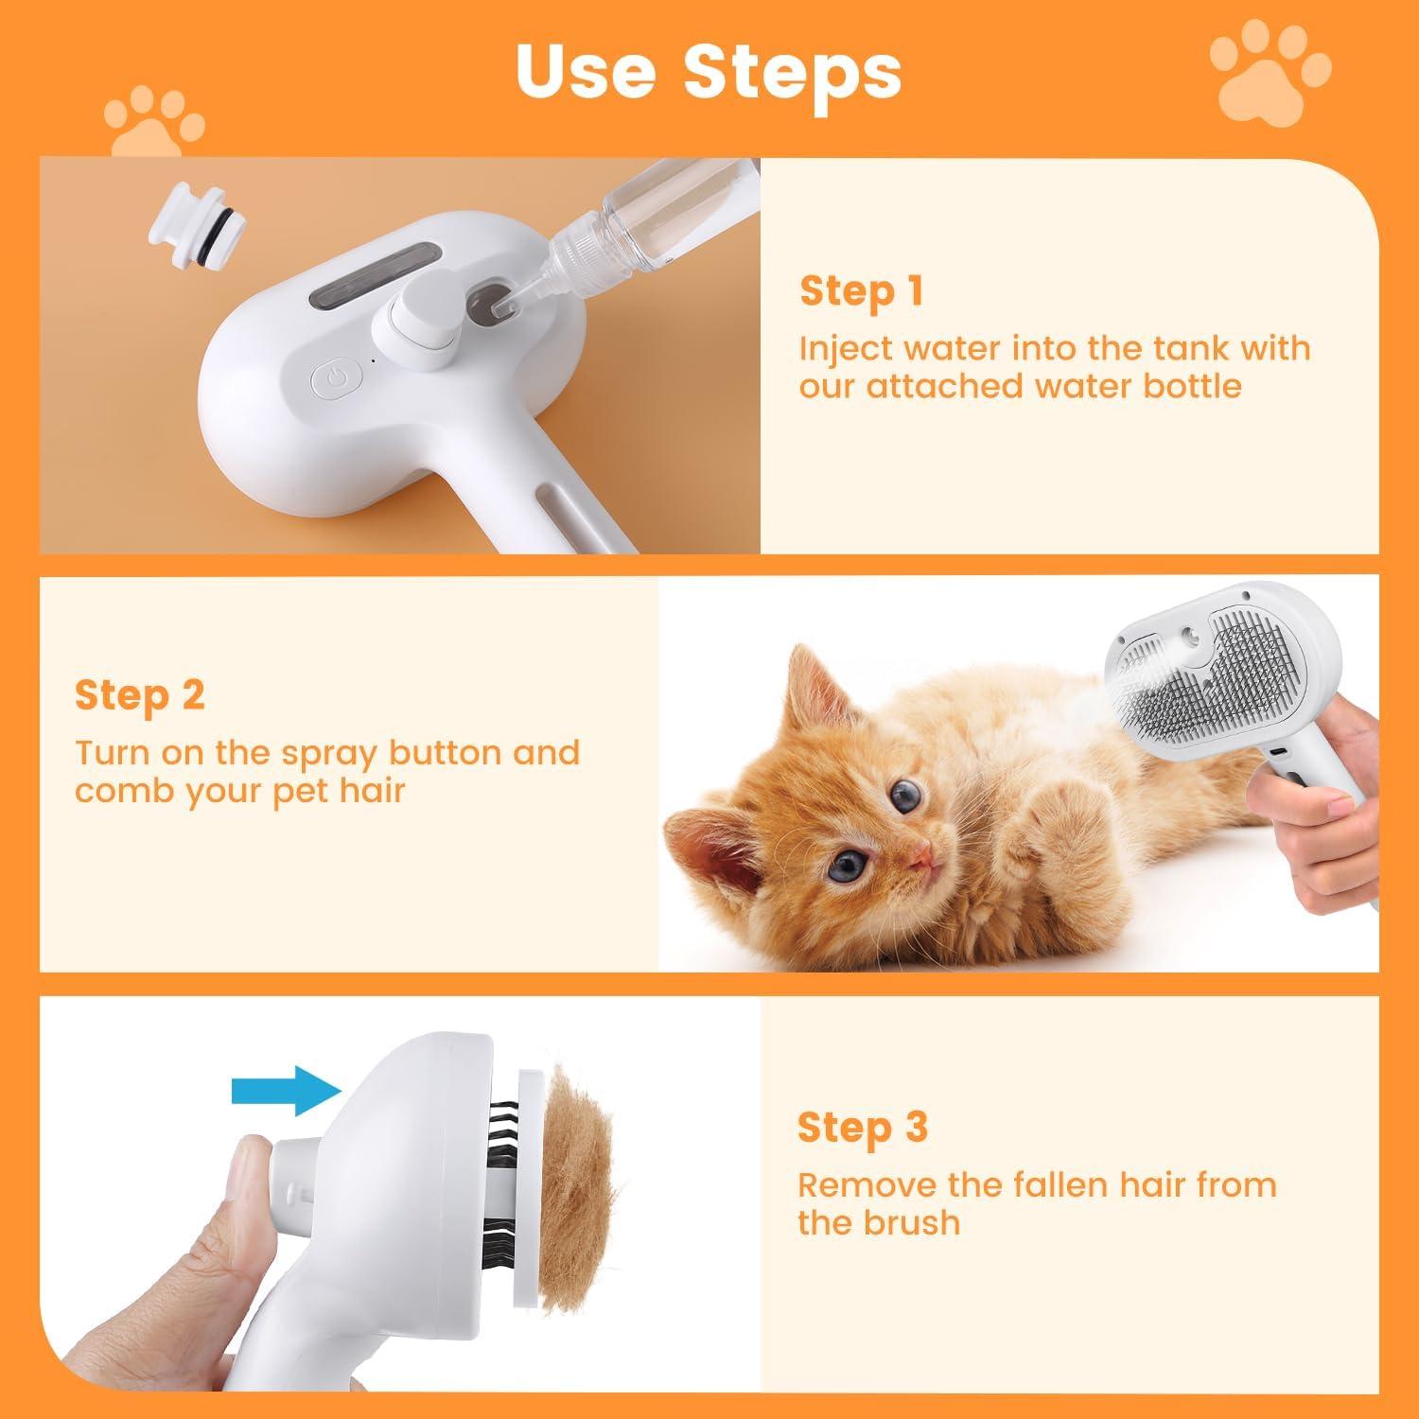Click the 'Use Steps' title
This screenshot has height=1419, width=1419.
709,71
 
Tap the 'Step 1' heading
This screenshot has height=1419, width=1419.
861,291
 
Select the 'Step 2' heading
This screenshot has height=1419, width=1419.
139,695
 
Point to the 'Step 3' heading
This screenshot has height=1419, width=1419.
862,1128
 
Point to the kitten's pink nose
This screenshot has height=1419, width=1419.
923,857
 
